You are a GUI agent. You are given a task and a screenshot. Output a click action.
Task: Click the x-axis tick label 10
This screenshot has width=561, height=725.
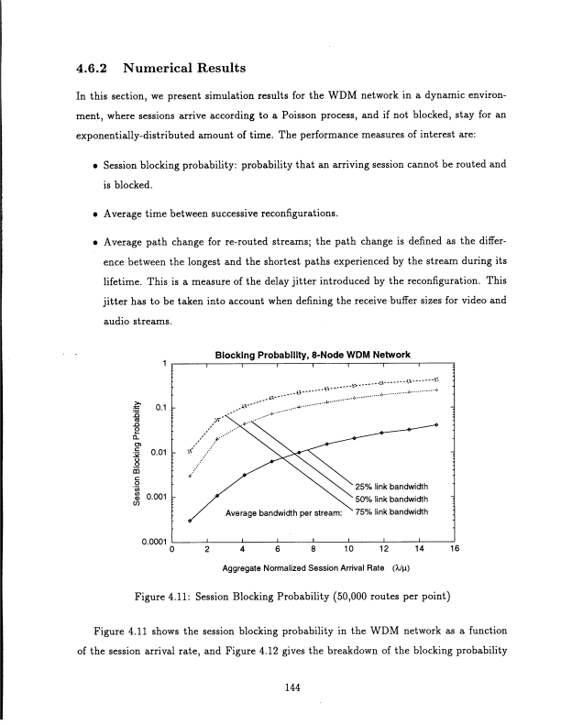[348, 551]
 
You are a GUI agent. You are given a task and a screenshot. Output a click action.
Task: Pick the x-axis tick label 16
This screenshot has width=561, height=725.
[454, 551]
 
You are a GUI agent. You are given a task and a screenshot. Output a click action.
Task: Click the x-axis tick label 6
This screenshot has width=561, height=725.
[279, 551]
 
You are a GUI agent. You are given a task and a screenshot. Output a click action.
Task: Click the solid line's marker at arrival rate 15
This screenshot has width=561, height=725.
[436, 425]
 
